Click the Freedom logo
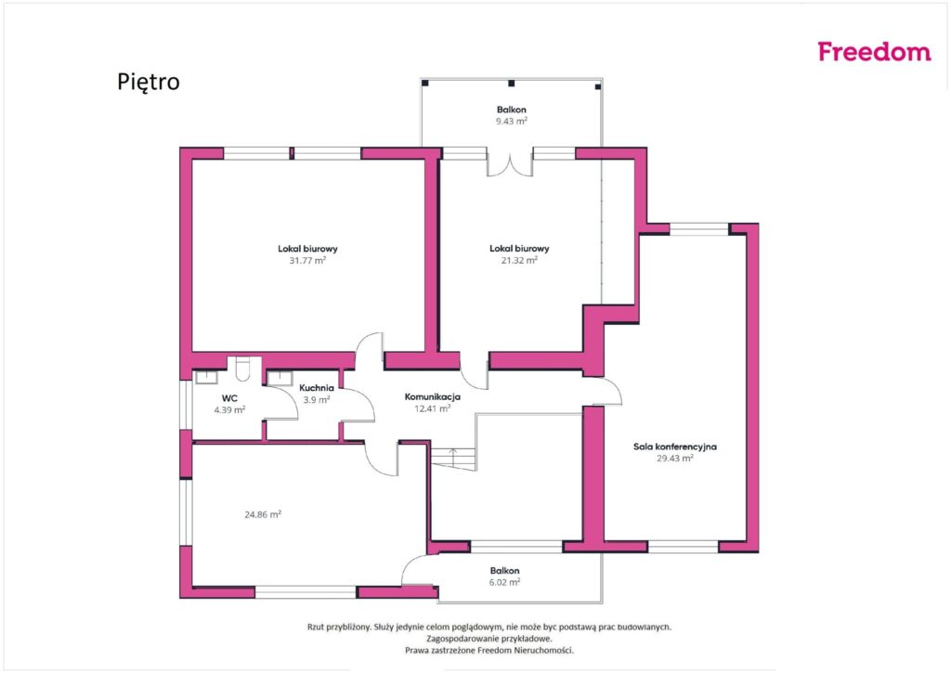[x=874, y=52]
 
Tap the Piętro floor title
[x=149, y=82]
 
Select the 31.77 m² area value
[x=307, y=261]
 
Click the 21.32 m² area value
[x=519, y=260]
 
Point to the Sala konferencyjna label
[x=675, y=447]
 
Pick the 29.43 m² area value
[x=675, y=459]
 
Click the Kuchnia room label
[x=317, y=388]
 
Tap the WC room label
[x=229, y=398]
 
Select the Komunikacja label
[x=433, y=397]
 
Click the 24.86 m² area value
[x=263, y=515]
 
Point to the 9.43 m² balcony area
[x=512, y=122]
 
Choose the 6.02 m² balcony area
[x=504, y=582]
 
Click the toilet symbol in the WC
[x=242, y=369]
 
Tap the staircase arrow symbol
[x=452, y=457]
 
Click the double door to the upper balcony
[x=510, y=163]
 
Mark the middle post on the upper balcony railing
[x=512, y=83]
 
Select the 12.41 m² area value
[x=433, y=408]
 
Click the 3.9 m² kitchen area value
[x=317, y=400]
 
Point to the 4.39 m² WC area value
[x=229, y=410]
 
